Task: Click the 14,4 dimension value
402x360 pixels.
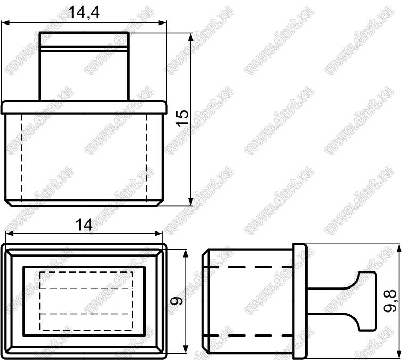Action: point(84,12)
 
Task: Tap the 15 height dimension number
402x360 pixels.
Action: point(182,118)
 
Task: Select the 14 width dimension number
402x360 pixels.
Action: point(84,225)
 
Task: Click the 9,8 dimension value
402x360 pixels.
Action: point(390,300)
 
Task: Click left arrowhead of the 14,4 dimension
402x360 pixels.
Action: point(6,23)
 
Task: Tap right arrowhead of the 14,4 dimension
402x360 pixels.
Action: point(163,23)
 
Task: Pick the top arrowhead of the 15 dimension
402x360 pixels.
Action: point(190,37)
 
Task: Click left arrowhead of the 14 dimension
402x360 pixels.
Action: point(10,234)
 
